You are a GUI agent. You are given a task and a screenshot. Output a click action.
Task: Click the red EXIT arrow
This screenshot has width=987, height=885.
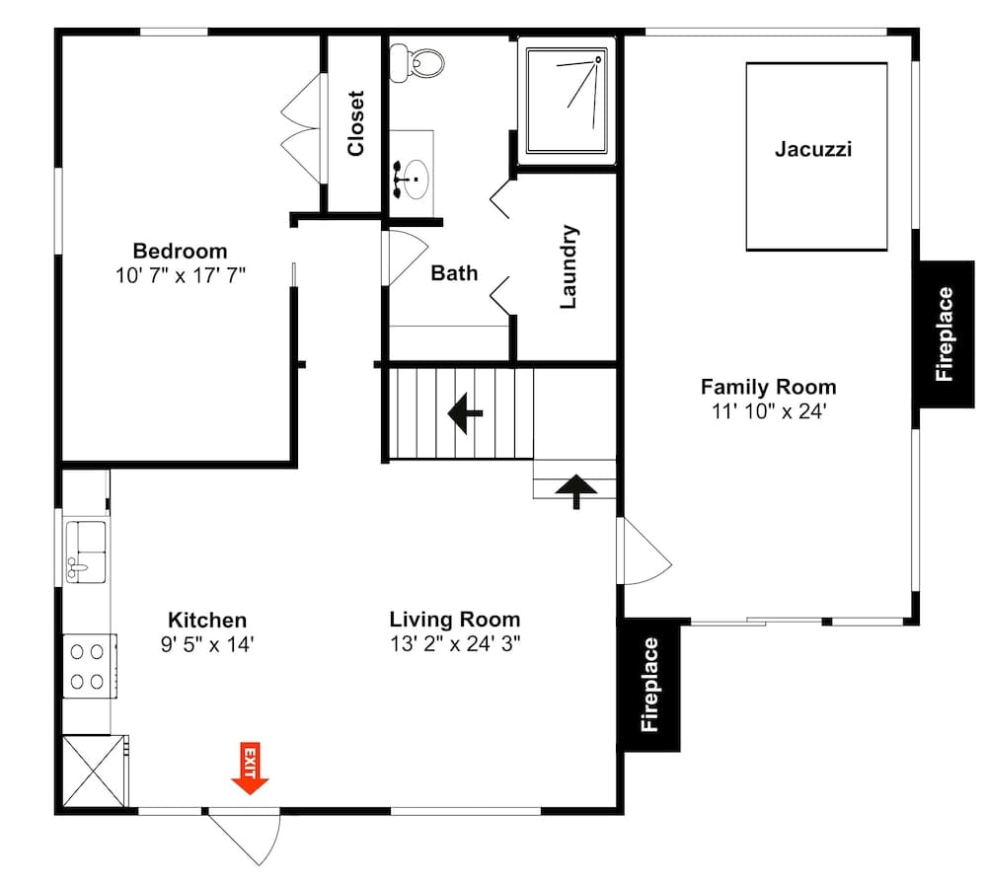click(250, 769)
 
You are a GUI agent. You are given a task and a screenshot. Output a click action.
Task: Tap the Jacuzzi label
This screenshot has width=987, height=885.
click(812, 150)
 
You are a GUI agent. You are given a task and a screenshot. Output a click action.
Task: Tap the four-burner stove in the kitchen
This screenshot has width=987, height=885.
click(87, 666)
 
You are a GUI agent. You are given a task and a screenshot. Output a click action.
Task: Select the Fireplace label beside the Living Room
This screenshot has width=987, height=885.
click(649, 685)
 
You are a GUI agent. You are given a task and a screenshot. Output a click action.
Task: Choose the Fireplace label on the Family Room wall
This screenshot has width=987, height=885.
click(945, 333)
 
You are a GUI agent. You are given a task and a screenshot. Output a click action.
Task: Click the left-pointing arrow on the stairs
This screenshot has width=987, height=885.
click(465, 413)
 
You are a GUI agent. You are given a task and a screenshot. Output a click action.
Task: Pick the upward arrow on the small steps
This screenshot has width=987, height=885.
click(576, 488)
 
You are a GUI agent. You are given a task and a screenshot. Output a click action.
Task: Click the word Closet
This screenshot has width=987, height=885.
click(355, 123)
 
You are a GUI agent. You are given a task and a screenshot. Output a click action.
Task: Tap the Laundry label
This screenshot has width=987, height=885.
click(569, 267)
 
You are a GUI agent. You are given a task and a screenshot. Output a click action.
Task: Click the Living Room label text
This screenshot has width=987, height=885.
click(454, 620)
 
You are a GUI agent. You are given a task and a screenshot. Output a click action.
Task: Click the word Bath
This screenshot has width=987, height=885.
click(454, 273)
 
